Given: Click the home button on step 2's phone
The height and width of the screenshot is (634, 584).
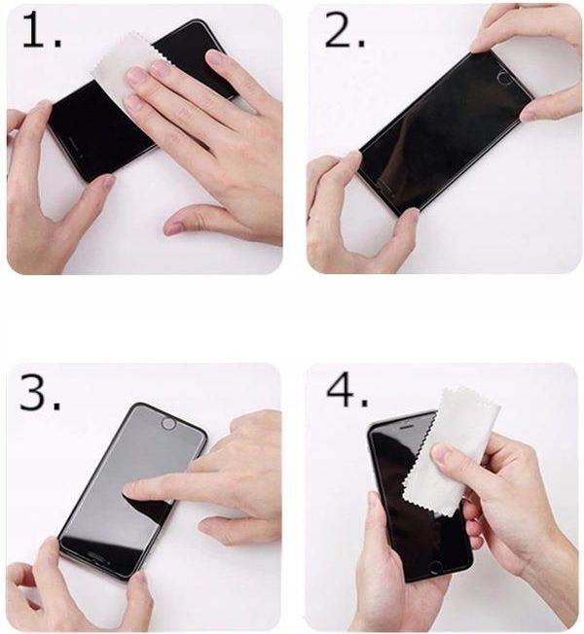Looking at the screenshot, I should (x=503, y=78).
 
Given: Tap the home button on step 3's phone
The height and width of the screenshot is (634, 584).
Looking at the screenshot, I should (x=167, y=424).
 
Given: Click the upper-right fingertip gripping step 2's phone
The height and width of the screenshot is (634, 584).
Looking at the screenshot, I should (x=482, y=44).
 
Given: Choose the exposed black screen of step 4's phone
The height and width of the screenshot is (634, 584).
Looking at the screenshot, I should (x=389, y=467).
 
